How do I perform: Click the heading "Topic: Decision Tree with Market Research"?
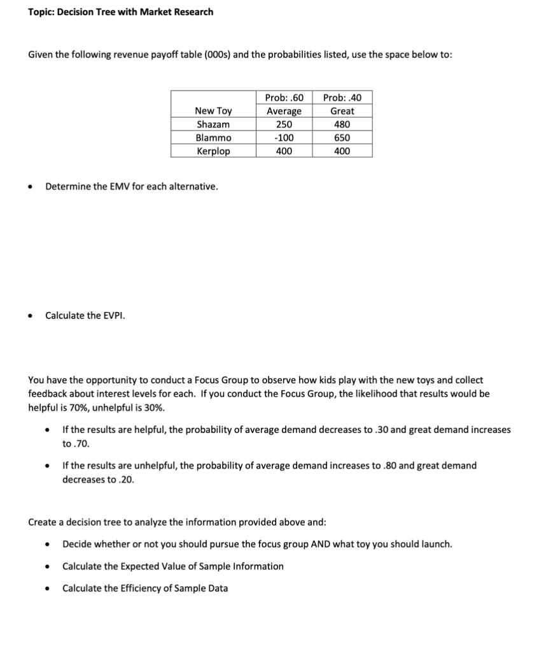(x=121, y=12)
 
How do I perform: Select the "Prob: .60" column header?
(x=284, y=97)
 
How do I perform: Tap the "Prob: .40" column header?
(x=342, y=97)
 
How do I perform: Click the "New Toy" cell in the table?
(x=213, y=111)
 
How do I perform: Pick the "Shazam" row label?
(x=213, y=125)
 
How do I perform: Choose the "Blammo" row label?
(x=213, y=138)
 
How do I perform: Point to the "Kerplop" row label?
(x=213, y=151)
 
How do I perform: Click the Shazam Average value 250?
(x=284, y=125)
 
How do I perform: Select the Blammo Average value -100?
(x=284, y=138)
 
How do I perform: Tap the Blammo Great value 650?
(x=342, y=138)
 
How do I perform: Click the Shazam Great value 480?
(x=342, y=125)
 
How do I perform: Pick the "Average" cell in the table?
(x=284, y=111)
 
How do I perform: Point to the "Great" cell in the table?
(x=342, y=111)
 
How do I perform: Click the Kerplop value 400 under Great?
(x=342, y=151)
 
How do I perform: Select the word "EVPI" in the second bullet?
(x=113, y=315)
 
